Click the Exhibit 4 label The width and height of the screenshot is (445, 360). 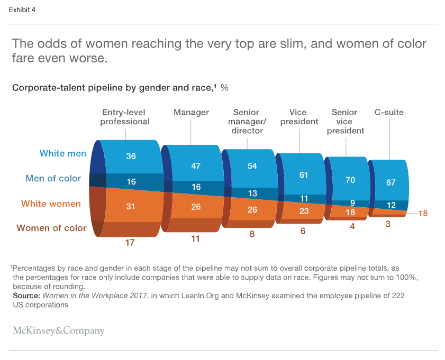coord(22,10)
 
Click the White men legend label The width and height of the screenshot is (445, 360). coord(62,154)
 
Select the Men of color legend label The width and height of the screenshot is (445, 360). coord(53,179)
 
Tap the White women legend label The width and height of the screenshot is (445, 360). coord(51,204)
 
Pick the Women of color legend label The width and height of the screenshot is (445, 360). coord(51,228)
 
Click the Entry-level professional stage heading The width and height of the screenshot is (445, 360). coord(125,117)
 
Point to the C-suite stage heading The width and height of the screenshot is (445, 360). coord(389,113)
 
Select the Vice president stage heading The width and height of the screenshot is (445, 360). coord(299,117)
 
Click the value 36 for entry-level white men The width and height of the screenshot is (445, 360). coord(131,156)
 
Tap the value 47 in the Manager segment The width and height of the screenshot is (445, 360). coord(196,165)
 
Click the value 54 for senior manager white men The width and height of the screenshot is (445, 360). coord(252,165)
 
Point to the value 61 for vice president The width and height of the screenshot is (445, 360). coord(303,175)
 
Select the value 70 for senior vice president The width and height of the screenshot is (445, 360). coord(350,180)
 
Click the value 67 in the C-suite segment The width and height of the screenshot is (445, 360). coord(390,182)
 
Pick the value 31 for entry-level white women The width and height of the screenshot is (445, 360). coord(131,207)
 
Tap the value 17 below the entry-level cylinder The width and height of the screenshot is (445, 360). coord(130,243)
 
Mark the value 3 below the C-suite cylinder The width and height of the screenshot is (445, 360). coord(388,224)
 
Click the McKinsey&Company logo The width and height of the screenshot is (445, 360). coord(59,331)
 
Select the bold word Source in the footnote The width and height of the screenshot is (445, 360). coord(26,296)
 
